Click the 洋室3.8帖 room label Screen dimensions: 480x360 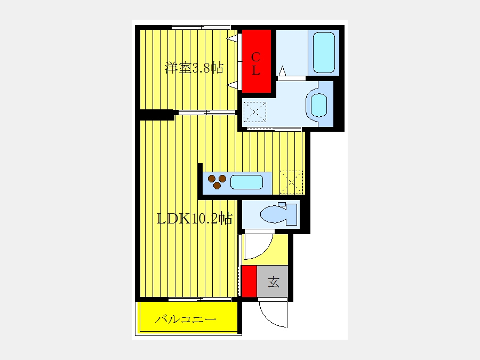pyautogui.click(x=194, y=68)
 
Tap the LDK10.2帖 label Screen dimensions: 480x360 pyautogui.click(x=194, y=219)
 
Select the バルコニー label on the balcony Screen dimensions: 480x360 pyautogui.click(x=186, y=319)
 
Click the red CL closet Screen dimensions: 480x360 pyautogui.click(x=256, y=61)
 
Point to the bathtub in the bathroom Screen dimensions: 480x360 pyautogui.click(x=324, y=53)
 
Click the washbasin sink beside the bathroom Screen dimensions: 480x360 pyautogui.click(x=319, y=105)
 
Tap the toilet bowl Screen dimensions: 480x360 pyautogui.click(x=278, y=214)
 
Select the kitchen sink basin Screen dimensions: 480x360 pyautogui.click(x=246, y=182)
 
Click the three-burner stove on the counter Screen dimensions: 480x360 pyautogui.click(x=217, y=181)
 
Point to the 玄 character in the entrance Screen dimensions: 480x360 pyautogui.click(x=274, y=282)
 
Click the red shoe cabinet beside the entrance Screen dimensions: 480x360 pyautogui.click(x=249, y=281)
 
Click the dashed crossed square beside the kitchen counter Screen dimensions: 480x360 pyautogui.click(x=291, y=182)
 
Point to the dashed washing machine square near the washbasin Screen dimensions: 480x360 pyautogui.click(x=255, y=112)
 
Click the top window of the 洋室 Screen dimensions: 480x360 pyautogui.click(x=201, y=28)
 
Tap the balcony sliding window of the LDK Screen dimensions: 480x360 pyautogui.click(x=200, y=299)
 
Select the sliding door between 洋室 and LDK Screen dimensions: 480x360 pyautogui.click(x=207, y=113)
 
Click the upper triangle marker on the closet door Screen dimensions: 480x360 pyautogui.click(x=233, y=38)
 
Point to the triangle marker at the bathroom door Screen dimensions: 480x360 pyautogui.click(x=282, y=71)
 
